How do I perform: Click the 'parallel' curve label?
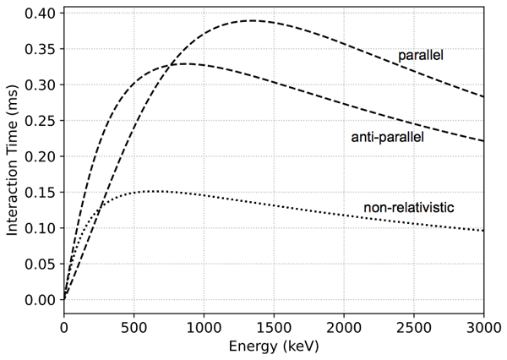pyautogui.click(x=421, y=56)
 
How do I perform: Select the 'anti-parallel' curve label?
pyautogui.click(x=387, y=137)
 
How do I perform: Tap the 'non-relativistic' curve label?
pyautogui.click(x=408, y=208)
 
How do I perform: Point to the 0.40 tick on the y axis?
pyautogui.click(x=41, y=14)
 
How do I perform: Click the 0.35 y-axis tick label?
pyautogui.click(x=41, y=49)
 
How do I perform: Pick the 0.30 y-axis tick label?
pyautogui.click(x=41, y=85)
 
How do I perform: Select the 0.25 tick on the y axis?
pyautogui.click(x=41, y=121)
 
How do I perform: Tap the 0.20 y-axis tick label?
pyautogui.click(x=41, y=156)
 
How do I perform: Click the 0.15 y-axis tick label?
pyautogui.click(x=41, y=192)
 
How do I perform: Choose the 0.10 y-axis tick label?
pyautogui.click(x=41, y=228)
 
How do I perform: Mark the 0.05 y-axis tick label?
pyautogui.click(x=41, y=264)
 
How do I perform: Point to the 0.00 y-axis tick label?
pyautogui.click(x=41, y=299)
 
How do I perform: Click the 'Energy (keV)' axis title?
pyautogui.click(x=274, y=346)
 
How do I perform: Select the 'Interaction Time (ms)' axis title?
pyautogui.click(x=13, y=156)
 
